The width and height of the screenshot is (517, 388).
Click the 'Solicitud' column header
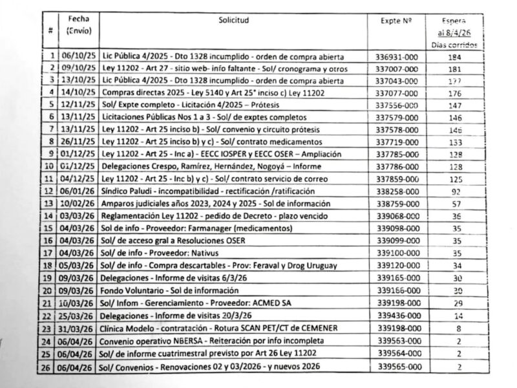pos(233,21)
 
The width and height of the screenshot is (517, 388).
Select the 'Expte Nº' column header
pos(397,21)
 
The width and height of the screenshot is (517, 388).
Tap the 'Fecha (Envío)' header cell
pos(78,25)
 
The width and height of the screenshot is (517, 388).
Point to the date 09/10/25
pos(78,68)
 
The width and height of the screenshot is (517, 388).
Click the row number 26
pos(50,367)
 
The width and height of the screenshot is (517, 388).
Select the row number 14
pos(50,216)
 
